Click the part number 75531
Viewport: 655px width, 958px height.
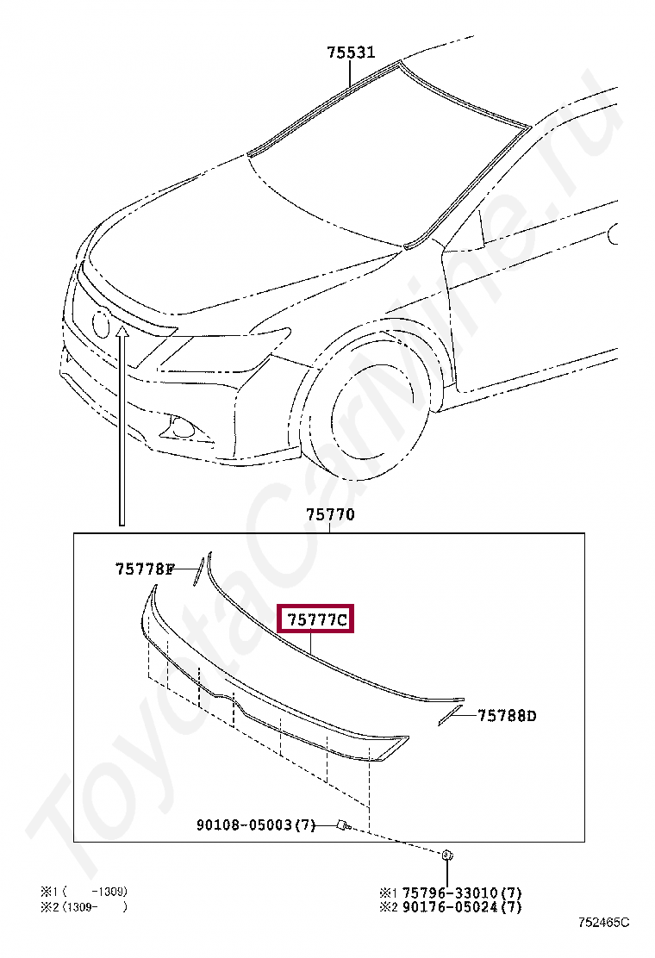pos(351,53)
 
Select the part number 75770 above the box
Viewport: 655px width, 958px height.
pos(330,514)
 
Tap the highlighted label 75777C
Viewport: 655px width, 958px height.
pos(316,619)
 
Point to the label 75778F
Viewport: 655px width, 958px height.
pos(144,569)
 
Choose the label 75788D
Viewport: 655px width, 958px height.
pos(507,715)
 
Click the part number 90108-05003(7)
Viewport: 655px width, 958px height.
pos(256,825)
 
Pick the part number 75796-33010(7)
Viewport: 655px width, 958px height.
pos(462,893)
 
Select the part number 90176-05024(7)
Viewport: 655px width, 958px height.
pos(462,907)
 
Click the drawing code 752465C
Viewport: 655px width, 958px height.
pos(603,922)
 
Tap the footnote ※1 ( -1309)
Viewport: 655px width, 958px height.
pos(84,892)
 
